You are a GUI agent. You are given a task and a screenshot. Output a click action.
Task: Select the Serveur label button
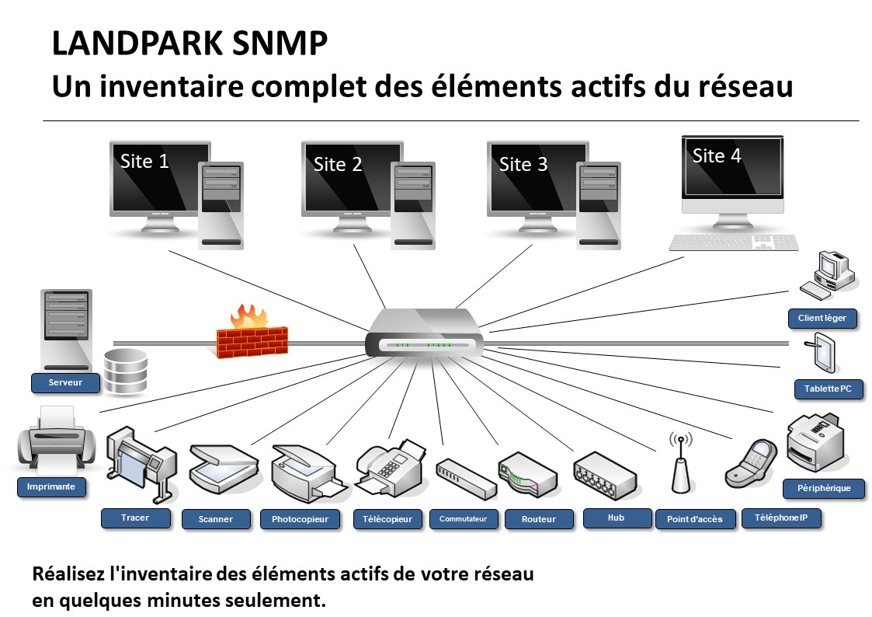(x=66, y=383)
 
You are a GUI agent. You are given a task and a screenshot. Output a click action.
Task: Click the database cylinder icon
(x=126, y=371)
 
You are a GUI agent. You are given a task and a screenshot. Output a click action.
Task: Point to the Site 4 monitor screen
(x=733, y=166)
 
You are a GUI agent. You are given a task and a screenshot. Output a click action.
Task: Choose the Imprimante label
(x=51, y=486)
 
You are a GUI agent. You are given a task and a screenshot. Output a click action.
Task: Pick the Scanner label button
(x=216, y=519)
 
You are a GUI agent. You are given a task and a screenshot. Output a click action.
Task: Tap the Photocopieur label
(x=301, y=519)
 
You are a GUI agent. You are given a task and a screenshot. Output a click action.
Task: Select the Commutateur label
(x=464, y=519)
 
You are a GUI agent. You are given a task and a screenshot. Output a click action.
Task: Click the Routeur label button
(x=539, y=519)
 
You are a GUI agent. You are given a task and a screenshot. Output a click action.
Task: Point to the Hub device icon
(x=605, y=474)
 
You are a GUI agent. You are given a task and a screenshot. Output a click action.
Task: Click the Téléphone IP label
(x=781, y=518)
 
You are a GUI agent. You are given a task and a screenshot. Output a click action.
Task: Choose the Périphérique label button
(x=824, y=489)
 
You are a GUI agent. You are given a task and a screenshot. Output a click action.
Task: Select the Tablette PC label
(x=828, y=389)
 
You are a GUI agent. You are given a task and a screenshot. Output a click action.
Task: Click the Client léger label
(x=822, y=319)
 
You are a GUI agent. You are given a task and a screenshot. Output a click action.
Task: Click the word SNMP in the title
(x=280, y=44)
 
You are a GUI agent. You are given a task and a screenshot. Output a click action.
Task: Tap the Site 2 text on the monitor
(x=338, y=164)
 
